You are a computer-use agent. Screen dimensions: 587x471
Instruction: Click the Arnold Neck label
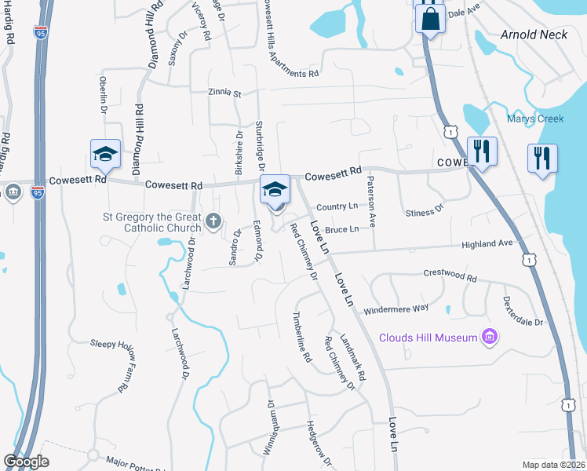pyautogui.click(x=534, y=35)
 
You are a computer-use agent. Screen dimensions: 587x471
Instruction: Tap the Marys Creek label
pyautogui.click(x=535, y=119)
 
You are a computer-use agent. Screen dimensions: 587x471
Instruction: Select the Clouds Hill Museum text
pyautogui.click(x=428, y=338)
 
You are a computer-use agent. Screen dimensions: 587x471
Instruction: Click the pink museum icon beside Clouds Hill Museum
pyautogui.click(x=490, y=337)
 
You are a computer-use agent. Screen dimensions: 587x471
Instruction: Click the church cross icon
pyautogui.click(x=213, y=222)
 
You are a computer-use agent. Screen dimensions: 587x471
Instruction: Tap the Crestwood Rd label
pyautogui.click(x=450, y=277)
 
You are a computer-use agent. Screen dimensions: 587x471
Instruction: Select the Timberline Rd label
pyautogui.click(x=303, y=337)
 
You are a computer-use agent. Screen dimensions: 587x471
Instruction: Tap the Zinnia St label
pyautogui.click(x=225, y=93)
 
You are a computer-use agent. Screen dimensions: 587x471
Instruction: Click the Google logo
pyautogui.click(x=26, y=462)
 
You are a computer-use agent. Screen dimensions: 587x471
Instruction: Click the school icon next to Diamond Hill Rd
pyautogui.click(x=104, y=154)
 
